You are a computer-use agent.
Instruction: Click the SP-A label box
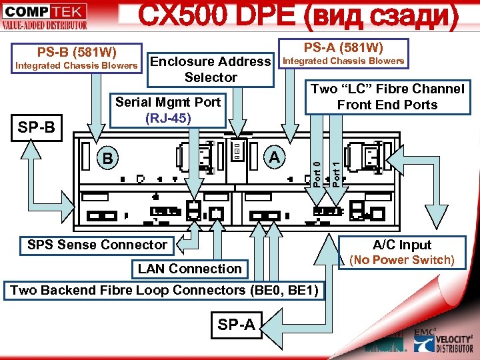236,325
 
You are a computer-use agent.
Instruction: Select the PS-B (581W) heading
77,51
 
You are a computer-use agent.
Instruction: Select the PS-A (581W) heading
343,47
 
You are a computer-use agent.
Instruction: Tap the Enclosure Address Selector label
211,69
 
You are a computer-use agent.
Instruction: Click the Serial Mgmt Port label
168,103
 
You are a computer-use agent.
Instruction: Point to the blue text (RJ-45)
168,118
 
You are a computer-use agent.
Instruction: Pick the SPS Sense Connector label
97,245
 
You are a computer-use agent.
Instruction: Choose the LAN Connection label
190,269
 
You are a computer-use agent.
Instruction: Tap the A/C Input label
402,245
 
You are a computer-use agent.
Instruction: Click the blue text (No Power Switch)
402,259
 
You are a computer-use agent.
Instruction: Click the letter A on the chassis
273,157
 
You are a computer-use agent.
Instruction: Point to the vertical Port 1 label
337,170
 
